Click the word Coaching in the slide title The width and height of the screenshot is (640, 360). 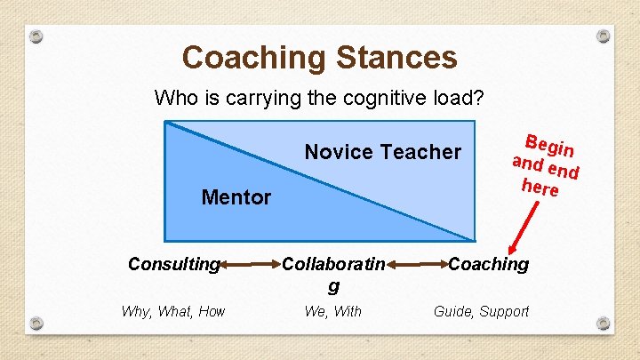coord(254,58)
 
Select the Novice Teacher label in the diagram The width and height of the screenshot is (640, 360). coord(382,152)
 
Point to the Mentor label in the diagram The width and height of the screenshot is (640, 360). coord(236,197)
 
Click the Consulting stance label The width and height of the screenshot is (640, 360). coord(173,264)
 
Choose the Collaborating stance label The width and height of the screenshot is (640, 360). coord(333,274)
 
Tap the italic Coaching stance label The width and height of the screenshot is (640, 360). coord(488,264)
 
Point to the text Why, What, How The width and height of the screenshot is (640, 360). coord(173,311)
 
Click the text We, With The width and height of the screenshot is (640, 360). coord(333,311)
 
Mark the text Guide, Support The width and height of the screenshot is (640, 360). coord(481,311)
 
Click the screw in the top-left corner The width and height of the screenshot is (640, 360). coord(36,37)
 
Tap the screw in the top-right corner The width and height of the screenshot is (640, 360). coord(604,37)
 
